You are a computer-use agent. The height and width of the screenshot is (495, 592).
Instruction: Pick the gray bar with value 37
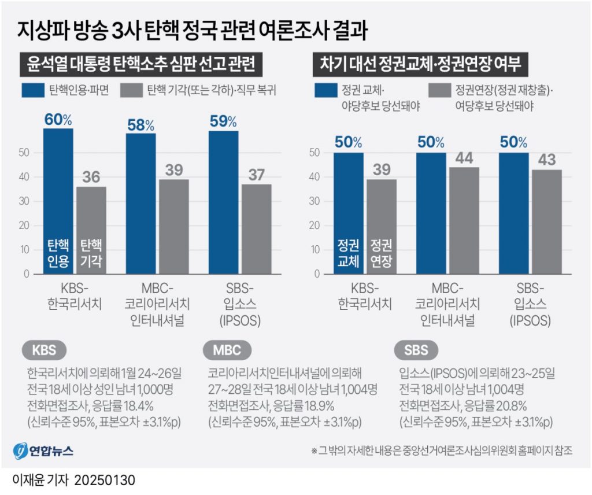(256, 229)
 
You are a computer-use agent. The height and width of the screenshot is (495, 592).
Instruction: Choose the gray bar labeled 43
(546, 221)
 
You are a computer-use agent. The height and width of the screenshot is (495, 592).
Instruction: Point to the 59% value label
(223, 121)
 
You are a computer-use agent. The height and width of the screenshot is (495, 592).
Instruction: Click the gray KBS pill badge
(45, 350)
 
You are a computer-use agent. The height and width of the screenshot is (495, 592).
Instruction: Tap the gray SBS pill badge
(416, 350)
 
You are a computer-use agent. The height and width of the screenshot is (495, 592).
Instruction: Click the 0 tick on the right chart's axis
(316, 274)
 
